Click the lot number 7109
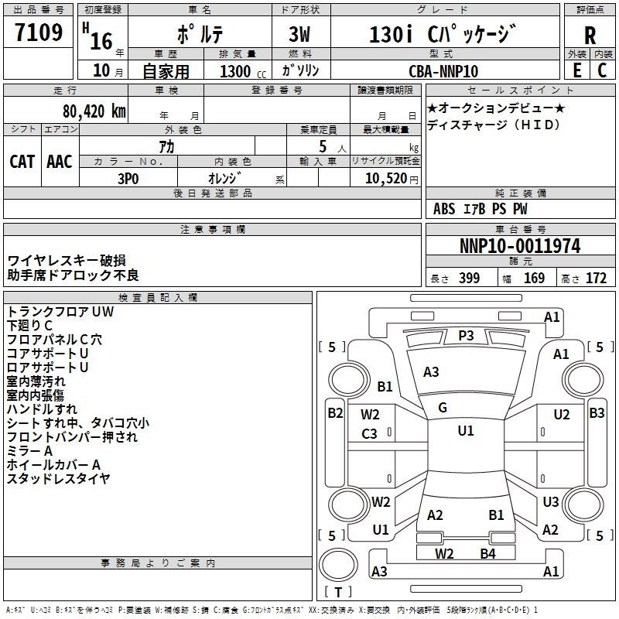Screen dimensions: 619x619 pyautogui.click(x=39, y=32)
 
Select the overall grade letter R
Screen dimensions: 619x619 pyautogui.click(x=590, y=36)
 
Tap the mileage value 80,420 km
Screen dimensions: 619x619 pyautogui.click(x=94, y=111)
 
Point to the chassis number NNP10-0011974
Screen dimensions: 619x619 pyautogui.click(x=520, y=246)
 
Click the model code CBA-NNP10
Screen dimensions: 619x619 pyautogui.click(x=443, y=71)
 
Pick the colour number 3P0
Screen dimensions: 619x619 pyautogui.click(x=128, y=179)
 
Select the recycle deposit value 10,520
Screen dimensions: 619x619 pyautogui.click(x=385, y=179)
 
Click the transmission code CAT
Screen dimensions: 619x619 pyautogui.click(x=22, y=162)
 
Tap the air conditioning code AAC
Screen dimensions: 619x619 pyautogui.click(x=60, y=162)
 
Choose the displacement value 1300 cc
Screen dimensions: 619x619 pyautogui.click(x=243, y=71)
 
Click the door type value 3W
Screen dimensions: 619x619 pyautogui.click(x=299, y=34)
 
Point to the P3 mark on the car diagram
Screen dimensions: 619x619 pyautogui.click(x=466, y=336)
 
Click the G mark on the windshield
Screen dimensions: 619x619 pyautogui.click(x=443, y=408)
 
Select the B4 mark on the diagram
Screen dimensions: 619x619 pyautogui.click(x=488, y=554)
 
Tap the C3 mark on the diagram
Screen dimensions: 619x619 pyautogui.click(x=369, y=434)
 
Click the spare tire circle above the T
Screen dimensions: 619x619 pyautogui.click(x=338, y=565)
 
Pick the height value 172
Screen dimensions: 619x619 pyautogui.click(x=596, y=279)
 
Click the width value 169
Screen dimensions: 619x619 pyautogui.click(x=534, y=279)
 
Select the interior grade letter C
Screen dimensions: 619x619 pyautogui.click(x=602, y=70)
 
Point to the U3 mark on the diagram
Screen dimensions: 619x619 pyautogui.click(x=551, y=501)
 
